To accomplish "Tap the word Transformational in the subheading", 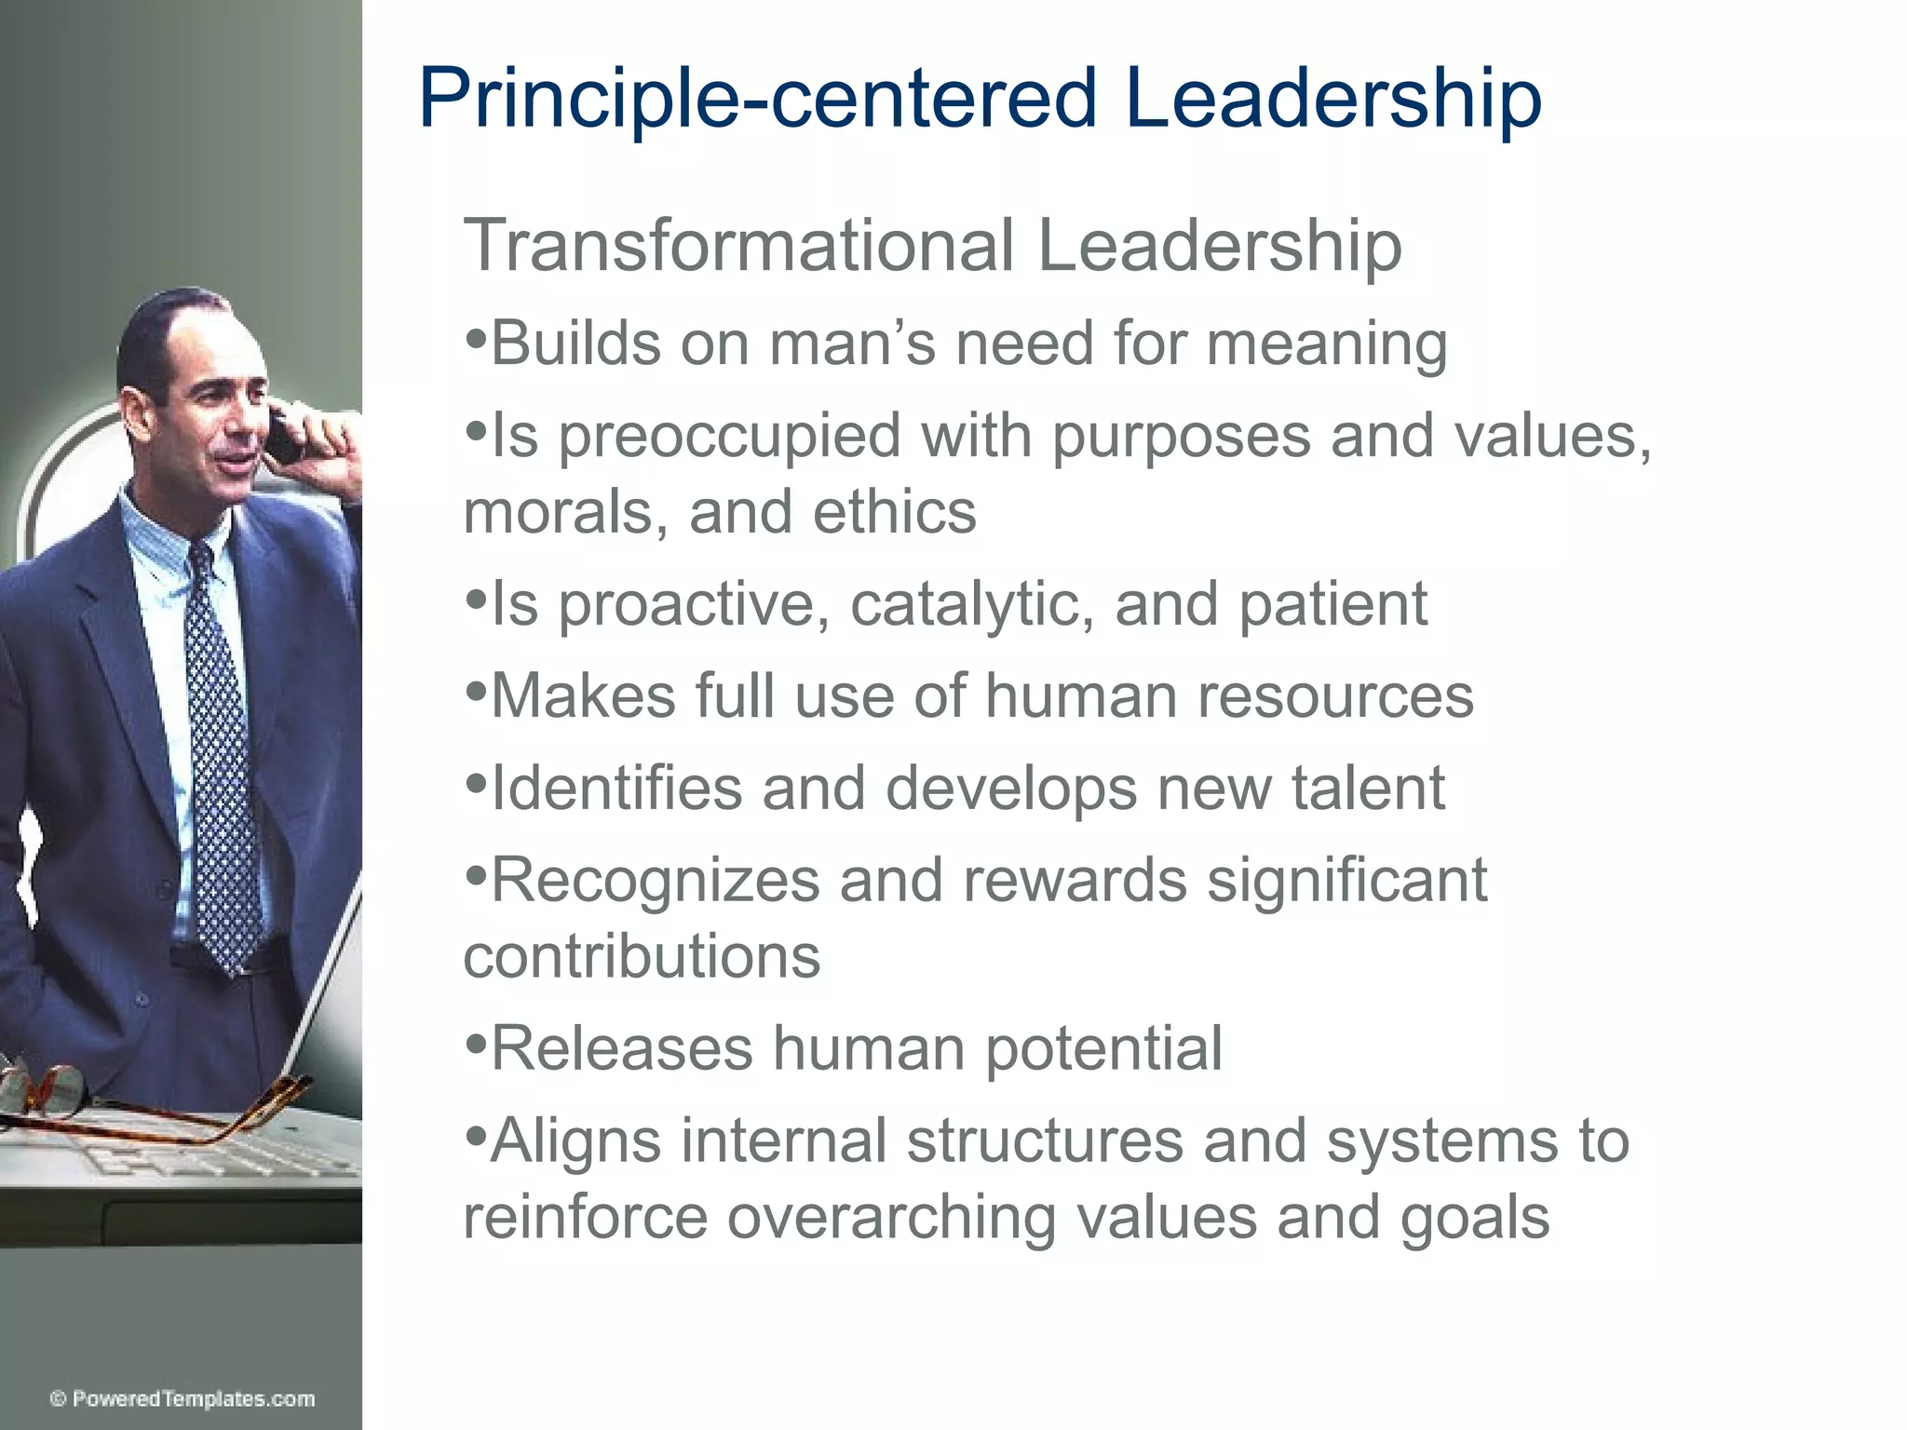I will [x=737, y=246].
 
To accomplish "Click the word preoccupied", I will [x=729, y=437].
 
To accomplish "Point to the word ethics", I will [x=894, y=512].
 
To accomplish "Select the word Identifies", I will [x=615, y=789].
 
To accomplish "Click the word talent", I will [x=1368, y=789].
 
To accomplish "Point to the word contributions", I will [x=642, y=956].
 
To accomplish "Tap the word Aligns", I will [x=575, y=1141].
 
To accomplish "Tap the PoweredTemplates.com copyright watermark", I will [x=183, y=1399].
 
